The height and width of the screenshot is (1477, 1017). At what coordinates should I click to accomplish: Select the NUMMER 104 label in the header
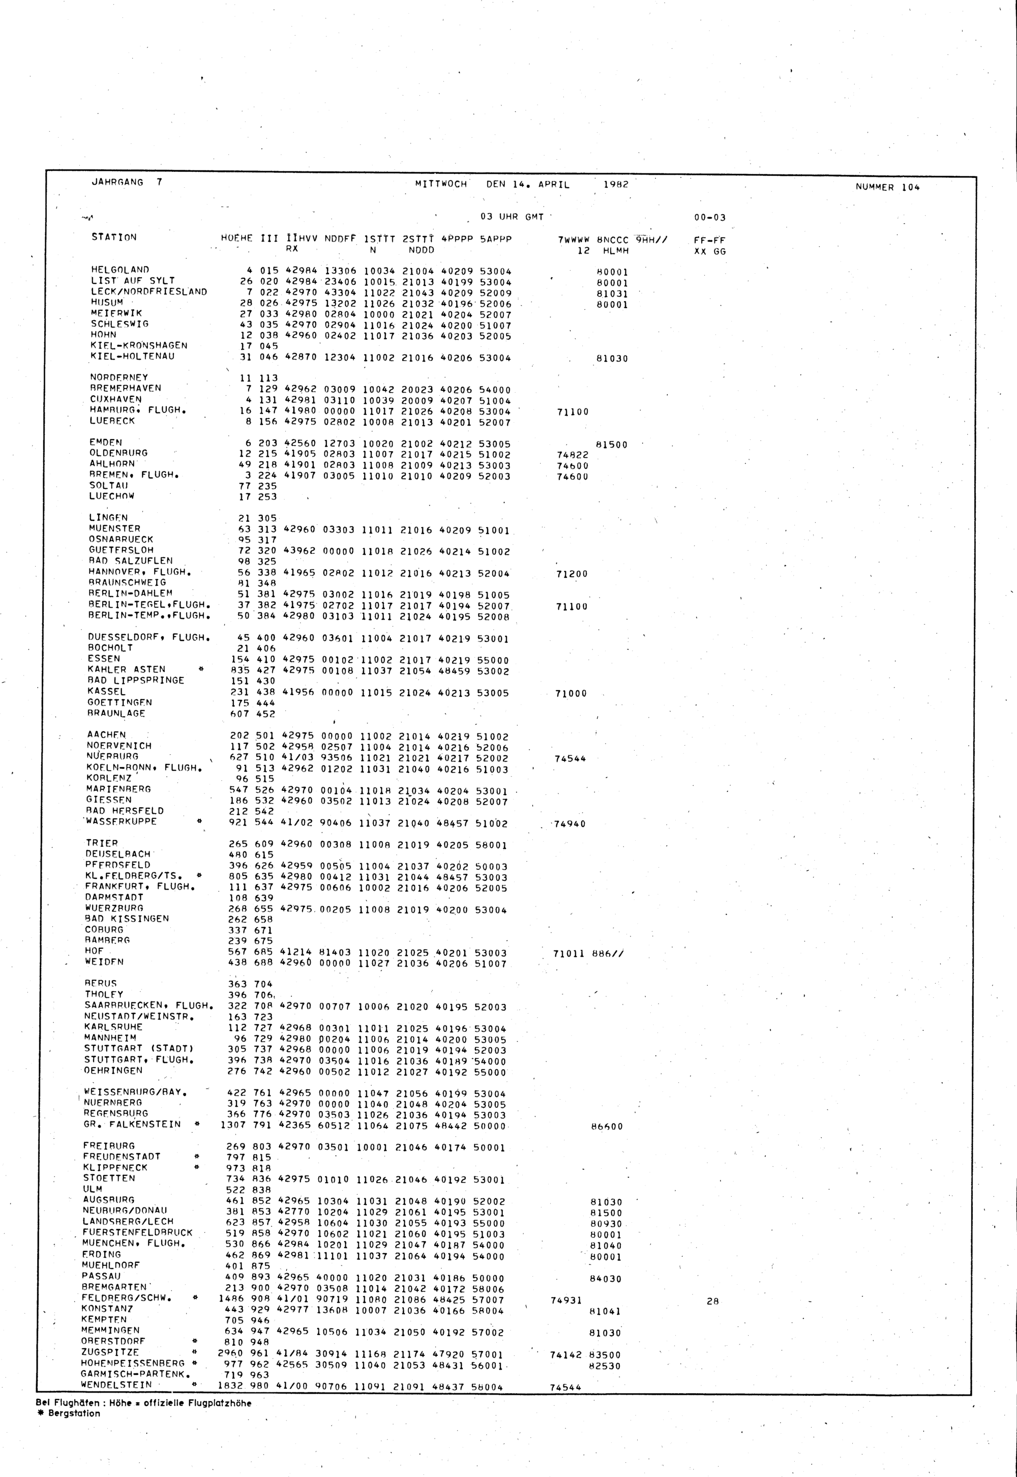(x=888, y=187)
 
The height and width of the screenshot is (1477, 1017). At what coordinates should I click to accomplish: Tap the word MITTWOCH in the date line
(x=441, y=184)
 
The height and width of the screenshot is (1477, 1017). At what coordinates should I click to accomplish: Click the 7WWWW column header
(x=574, y=240)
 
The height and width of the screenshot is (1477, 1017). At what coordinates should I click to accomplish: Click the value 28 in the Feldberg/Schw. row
(x=712, y=1302)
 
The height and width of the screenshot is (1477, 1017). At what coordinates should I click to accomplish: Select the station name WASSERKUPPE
(x=120, y=822)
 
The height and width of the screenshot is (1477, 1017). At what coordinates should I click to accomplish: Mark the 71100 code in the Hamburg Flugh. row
(x=572, y=411)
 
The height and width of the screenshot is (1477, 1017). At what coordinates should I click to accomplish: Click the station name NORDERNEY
(x=118, y=377)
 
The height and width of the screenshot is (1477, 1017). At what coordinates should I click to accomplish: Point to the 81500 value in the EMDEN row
(x=612, y=445)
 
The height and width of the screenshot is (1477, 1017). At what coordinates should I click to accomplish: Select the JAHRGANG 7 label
(x=127, y=182)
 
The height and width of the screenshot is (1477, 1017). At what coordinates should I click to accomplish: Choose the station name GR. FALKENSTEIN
(x=132, y=1124)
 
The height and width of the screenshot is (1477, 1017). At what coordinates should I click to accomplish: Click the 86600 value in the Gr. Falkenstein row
(x=607, y=1127)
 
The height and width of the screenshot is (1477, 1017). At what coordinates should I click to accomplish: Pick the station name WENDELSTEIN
(x=116, y=1384)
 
